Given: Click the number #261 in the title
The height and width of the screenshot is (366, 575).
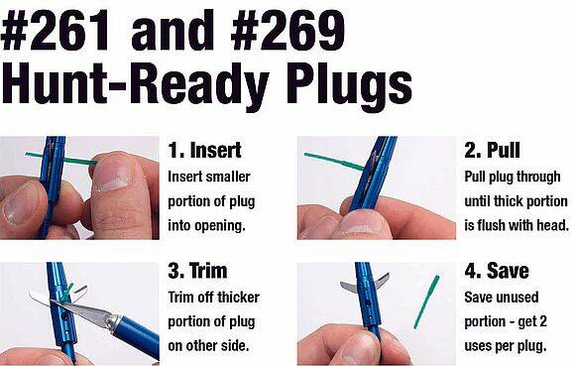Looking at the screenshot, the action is pyautogui.click(x=56, y=31).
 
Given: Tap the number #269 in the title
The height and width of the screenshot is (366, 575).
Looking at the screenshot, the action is pyautogui.click(x=287, y=31).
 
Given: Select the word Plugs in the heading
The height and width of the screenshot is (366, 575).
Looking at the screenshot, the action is pyautogui.click(x=350, y=87).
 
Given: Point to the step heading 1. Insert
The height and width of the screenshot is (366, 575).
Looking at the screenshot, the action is pyautogui.click(x=204, y=151).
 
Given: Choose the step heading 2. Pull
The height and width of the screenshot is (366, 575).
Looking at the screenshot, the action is pyautogui.click(x=492, y=150).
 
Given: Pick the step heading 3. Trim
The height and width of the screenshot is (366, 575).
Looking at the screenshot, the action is pyautogui.click(x=197, y=271).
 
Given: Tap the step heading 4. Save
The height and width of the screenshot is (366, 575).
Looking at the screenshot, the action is pyautogui.click(x=497, y=271).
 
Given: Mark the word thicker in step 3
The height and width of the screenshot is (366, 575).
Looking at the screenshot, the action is pyautogui.click(x=238, y=297).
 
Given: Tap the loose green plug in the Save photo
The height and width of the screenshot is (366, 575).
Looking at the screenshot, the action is pyautogui.click(x=426, y=302).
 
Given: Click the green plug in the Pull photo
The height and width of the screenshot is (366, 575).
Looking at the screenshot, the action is pyautogui.click(x=334, y=162).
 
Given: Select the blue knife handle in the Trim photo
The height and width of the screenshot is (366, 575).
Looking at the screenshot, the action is pyautogui.click(x=137, y=336).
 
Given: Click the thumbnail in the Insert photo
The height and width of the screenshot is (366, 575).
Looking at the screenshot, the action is pyautogui.click(x=114, y=177).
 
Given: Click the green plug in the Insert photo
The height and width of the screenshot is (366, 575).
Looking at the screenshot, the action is pyautogui.click(x=60, y=158).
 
